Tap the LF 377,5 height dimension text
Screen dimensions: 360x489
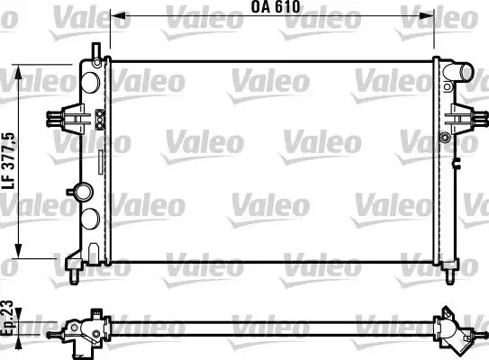8,159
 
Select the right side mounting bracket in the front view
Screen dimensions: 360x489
463,117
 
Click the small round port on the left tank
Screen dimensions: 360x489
84,191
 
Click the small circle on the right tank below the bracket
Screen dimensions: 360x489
445,136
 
